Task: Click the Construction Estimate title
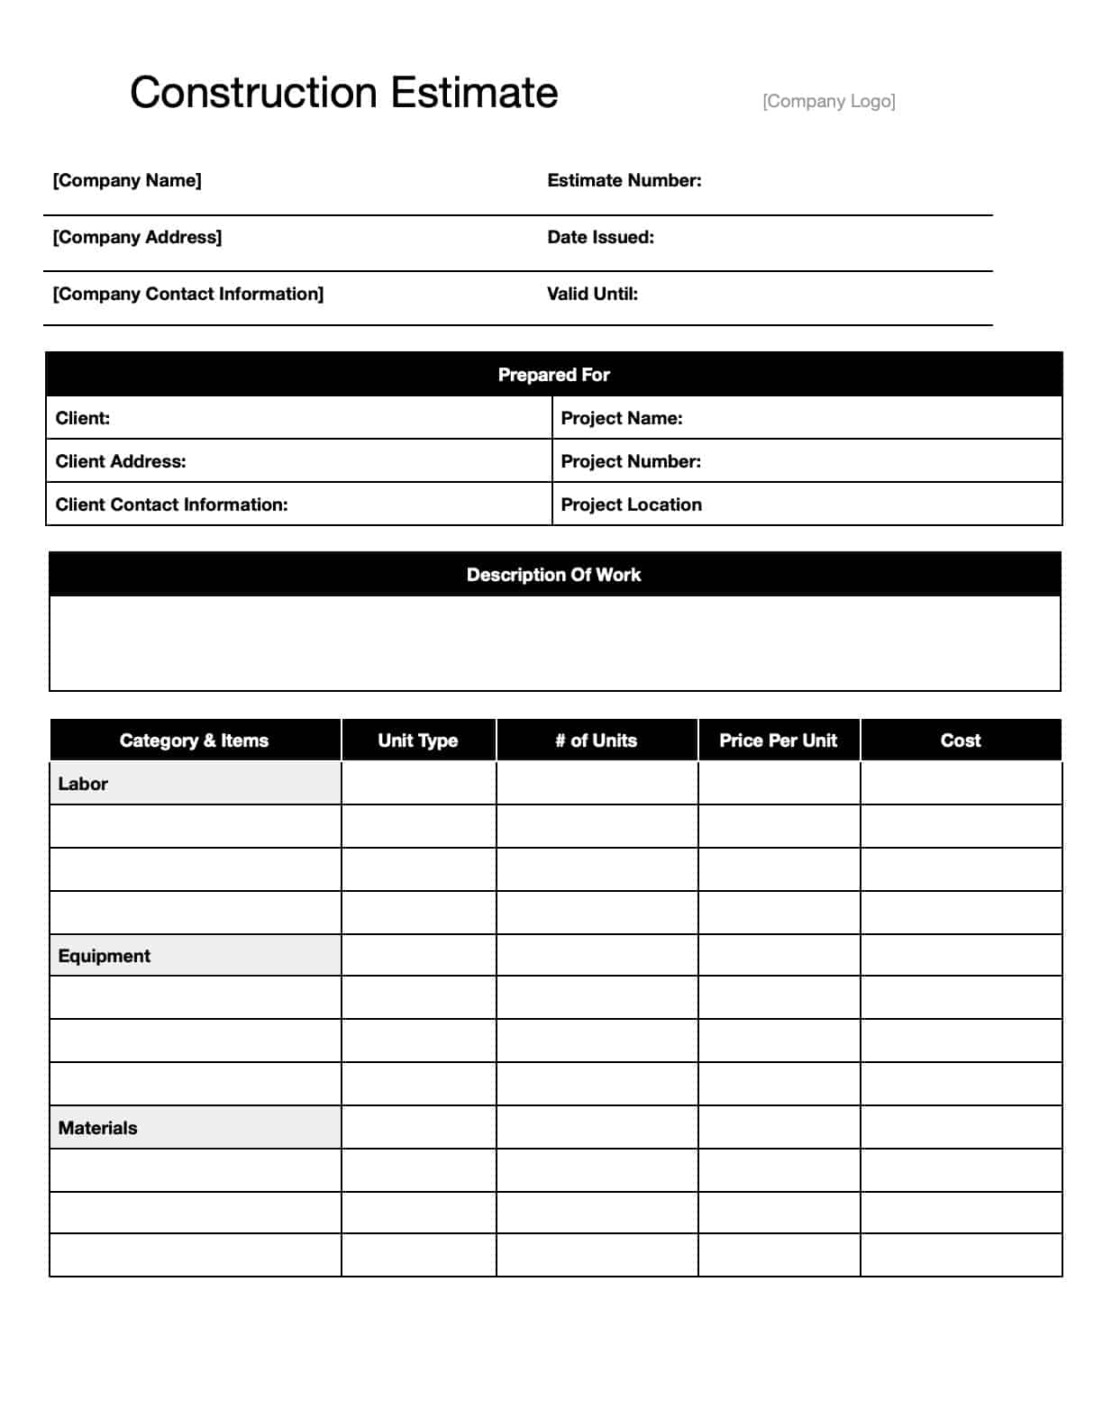click(343, 93)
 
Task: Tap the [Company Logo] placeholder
click(828, 101)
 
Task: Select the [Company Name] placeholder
click(127, 180)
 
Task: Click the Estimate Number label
click(624, 180)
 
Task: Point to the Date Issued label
click(600, 237)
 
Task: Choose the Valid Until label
click(592, 294)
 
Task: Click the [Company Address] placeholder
click(137, 237)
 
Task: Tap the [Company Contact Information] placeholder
click(187, 294)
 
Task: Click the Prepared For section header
click(553, 375)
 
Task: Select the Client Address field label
click(121, 461)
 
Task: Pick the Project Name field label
click(621, 418)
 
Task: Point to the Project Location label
click(631, 504)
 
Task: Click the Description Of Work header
click(553, 575)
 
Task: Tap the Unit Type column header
click(418, 741)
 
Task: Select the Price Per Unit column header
click(778, 741)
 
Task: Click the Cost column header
click(961, 741)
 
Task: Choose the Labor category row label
click(83, 784)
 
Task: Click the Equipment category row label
click(105, 956)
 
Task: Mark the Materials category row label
click(98, 1128)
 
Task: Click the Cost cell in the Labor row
click(961, 784)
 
